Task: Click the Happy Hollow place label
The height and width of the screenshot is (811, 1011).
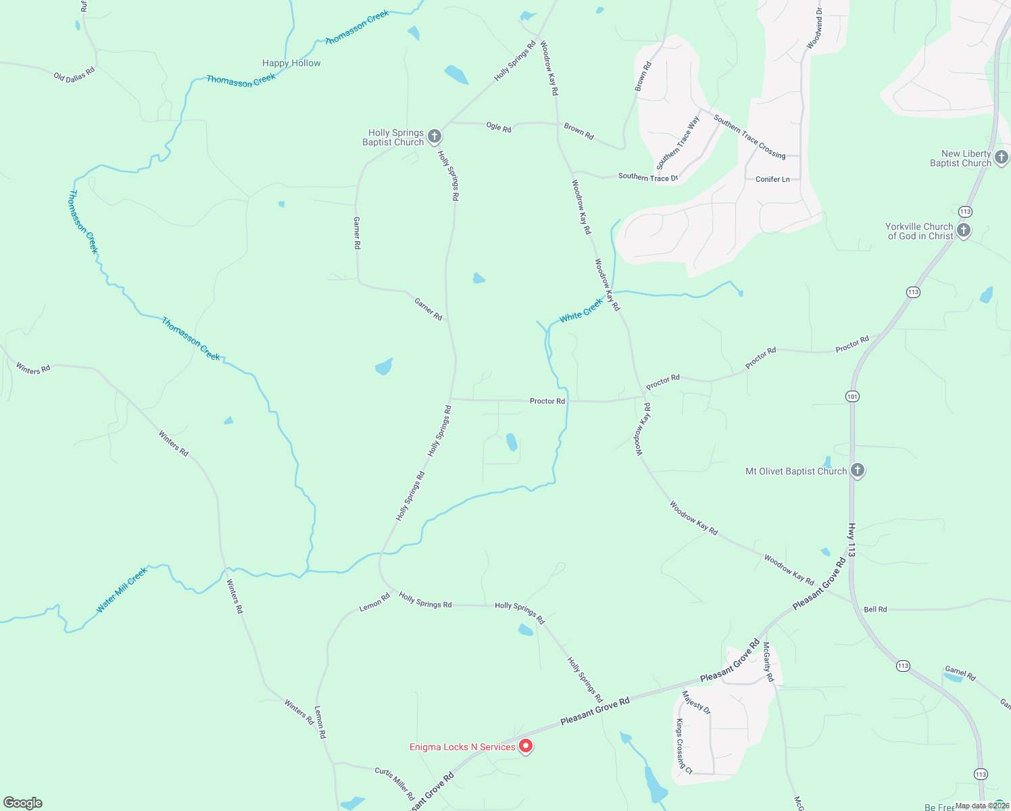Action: click(291, 63)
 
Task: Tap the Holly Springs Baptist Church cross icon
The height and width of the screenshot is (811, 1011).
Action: click(435, 137)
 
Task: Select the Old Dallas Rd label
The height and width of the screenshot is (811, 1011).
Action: click(74, 74)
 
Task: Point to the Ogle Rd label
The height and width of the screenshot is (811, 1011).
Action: click(499, 127)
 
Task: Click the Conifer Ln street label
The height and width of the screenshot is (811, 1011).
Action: click(772, 179)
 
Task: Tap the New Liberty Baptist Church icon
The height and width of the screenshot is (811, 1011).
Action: click(1002, 157)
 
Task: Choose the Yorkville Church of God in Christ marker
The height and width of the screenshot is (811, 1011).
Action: click(964, 230)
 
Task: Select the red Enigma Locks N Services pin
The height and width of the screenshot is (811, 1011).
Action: click(526, 746)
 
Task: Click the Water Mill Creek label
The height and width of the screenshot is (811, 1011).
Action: click(122, 591)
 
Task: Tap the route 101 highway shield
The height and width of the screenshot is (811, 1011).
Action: click(853, 396)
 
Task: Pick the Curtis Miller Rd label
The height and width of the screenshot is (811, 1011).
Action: click(395, 783)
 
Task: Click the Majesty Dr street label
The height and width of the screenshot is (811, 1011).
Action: click(696, 702)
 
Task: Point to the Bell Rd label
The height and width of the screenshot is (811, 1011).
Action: click(875, 609)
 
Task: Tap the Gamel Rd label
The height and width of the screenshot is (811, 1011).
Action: click(960, 673)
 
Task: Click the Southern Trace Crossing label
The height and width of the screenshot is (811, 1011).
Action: click(749, 137)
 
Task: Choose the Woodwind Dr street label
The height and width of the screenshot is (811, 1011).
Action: click(814, 28)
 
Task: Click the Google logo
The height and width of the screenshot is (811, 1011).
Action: click(23, 802)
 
